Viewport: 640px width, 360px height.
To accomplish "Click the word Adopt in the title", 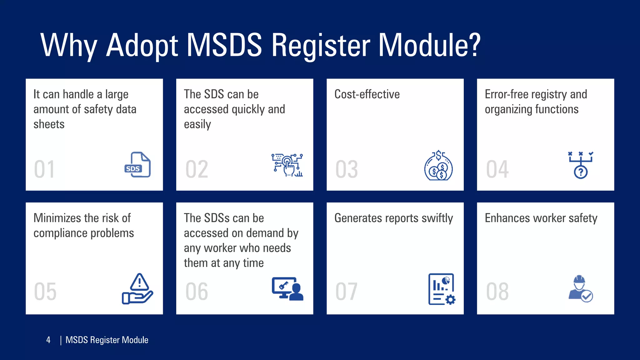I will coord(142,46).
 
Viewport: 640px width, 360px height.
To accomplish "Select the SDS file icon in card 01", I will coord(137,165).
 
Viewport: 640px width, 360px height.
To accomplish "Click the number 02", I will coord(197,170).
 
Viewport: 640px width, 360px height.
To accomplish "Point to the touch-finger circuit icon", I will coord(287,165).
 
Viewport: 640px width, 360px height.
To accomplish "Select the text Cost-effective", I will coord(367,94).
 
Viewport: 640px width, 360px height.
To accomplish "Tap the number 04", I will coord(497,170).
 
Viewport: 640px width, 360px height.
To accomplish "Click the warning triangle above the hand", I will coord(139,282).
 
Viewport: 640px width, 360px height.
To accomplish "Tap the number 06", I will coord(197,292).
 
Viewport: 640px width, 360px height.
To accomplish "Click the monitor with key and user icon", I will coord(287,289).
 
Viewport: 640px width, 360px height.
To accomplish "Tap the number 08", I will coord(497,292).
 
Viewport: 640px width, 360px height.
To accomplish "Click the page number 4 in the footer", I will coord(48,340).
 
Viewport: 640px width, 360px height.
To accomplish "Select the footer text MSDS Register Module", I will coord(107,340).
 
